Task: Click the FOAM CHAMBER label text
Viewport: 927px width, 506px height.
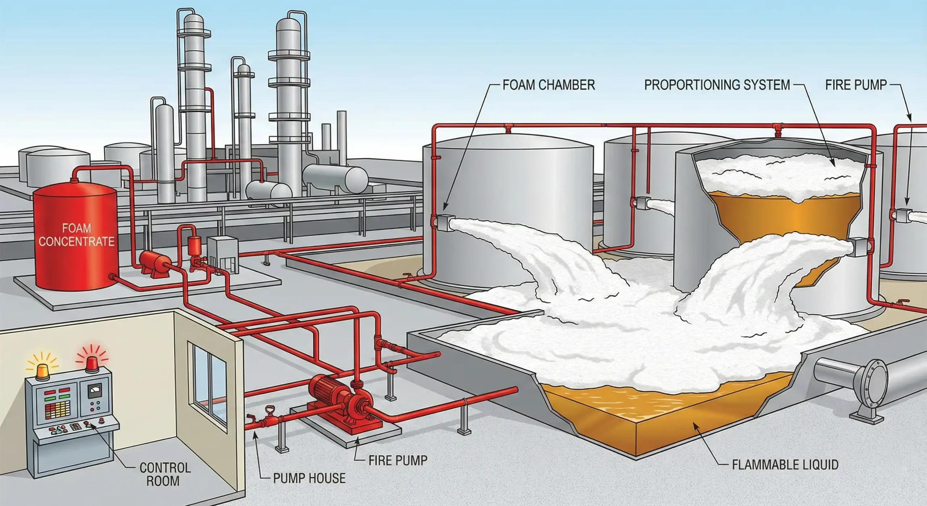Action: click(x=549, y=85)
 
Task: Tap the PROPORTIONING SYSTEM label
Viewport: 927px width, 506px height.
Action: click(x=717, y=85)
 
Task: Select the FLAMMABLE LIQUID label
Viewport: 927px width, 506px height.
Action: click(x=785, y=465)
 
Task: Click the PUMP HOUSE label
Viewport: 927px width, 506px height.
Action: click(x=309, y=478)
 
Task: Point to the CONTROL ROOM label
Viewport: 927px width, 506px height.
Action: click(x=165, y=474)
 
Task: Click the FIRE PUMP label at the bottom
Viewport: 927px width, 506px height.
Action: click(x=398, y=460)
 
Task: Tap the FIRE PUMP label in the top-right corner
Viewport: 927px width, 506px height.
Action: click(x=856, y=85)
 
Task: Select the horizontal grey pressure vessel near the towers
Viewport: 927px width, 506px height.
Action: click(x=335, y=178)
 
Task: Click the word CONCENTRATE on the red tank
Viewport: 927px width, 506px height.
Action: click(x=76, y=241)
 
